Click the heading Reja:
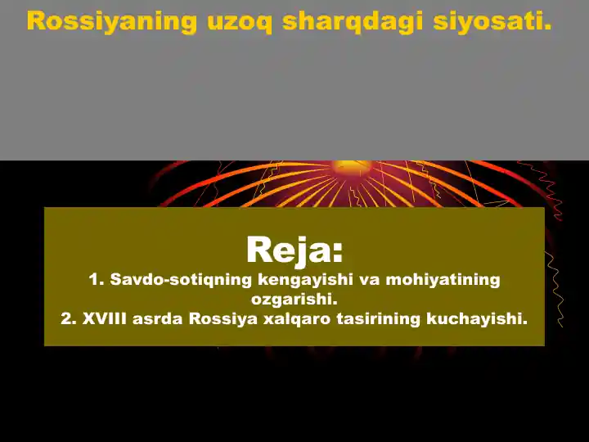(294, 249)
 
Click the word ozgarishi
(294, 300)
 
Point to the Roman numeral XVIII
(106, 319)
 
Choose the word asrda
(159, 319)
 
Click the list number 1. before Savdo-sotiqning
(96, 280)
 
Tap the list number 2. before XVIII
(69, 319)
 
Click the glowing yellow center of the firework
(352, 167)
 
